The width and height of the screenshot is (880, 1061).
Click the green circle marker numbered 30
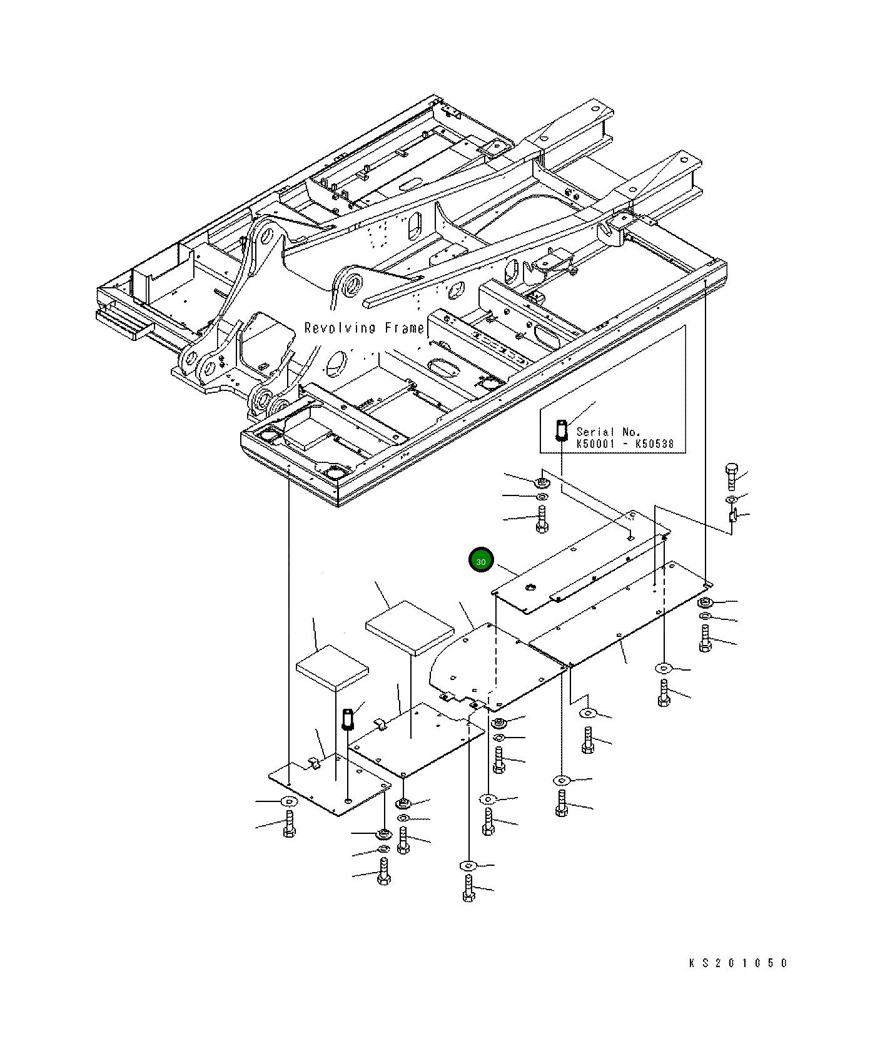[481, 562]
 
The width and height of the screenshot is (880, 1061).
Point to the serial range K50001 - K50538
[625, 444]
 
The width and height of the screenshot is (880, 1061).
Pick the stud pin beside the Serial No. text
[562, 429]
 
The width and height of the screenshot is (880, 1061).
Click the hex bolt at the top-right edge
[731, 476]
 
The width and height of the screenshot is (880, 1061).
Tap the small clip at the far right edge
[733, 517]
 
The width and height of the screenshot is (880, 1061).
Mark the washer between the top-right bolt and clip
[731, 499]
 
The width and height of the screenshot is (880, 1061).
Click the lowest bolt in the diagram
[469, 888]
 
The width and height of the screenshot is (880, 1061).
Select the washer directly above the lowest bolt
[468, 866]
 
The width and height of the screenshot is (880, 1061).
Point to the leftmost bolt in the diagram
[289, 825]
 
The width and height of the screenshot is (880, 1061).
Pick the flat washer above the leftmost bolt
[288, 801]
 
